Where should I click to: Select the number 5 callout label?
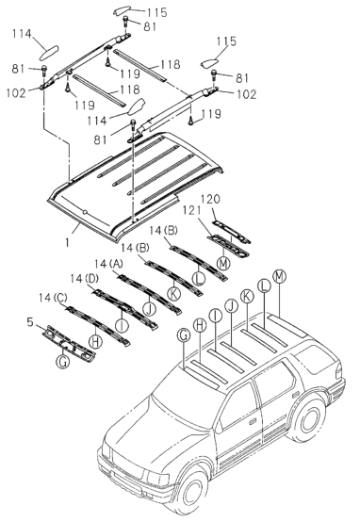point(30,322)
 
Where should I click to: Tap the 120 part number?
point(210,200)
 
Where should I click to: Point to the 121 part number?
point(191,211)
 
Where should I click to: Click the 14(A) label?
point(108,265)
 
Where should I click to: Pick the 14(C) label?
point(54,298)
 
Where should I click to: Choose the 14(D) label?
point(85,279)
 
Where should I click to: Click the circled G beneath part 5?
point(62,361)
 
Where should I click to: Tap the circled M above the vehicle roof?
point(279,276)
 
